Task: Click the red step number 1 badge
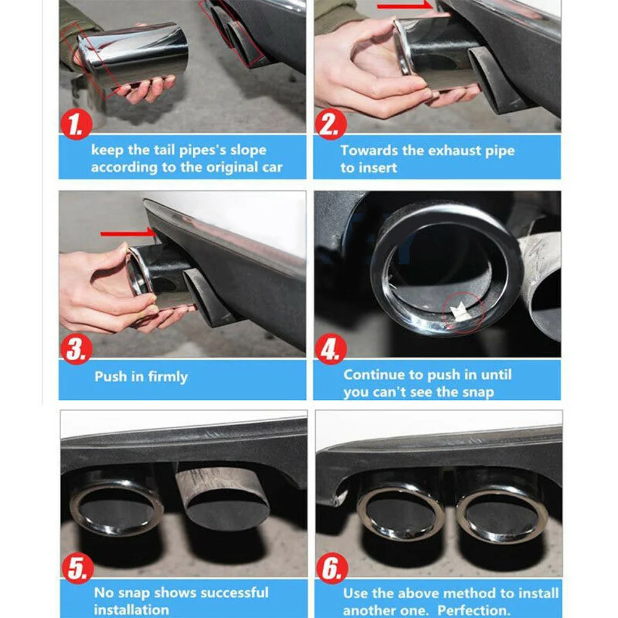coord(76,124)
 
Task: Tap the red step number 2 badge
coord(331,124)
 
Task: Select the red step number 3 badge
coord(77,349)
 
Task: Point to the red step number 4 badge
coord(331,349)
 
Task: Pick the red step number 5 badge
coord(78,568)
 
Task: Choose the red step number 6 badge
coord(332,568)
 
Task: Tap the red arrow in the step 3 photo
coord(128,234)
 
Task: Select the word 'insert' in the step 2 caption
coord(377,168)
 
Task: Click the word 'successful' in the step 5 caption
coord(233,593)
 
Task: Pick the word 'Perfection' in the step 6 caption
coord(473,610)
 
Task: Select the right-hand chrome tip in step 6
coord(501,512)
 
